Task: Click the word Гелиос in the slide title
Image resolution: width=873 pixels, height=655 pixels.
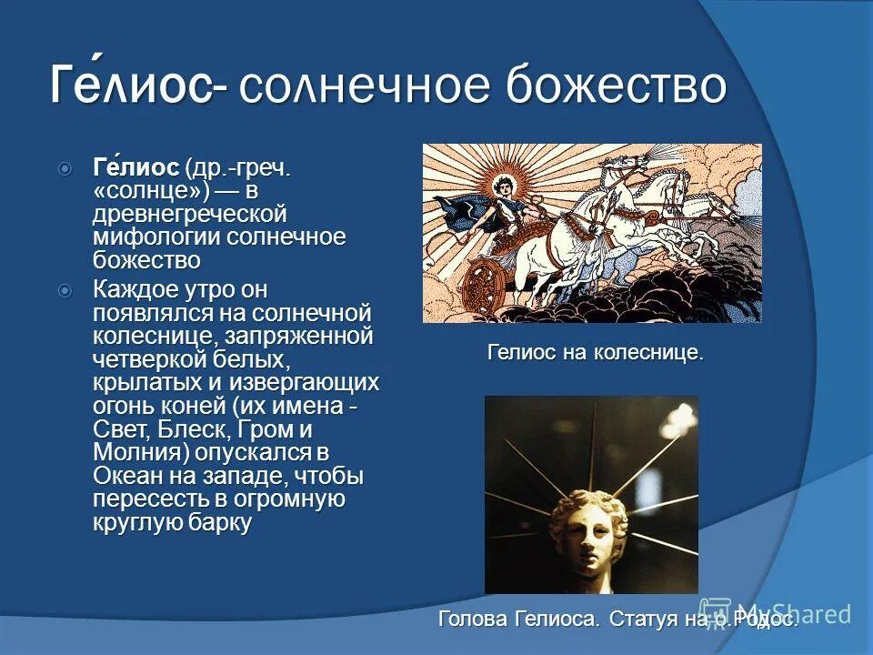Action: click(132, 86)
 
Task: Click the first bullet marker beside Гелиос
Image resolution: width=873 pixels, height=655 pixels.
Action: click(65, 169)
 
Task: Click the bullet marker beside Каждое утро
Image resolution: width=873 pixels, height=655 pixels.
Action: click(65, 291)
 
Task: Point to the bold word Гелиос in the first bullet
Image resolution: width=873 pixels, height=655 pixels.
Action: click(136, 169)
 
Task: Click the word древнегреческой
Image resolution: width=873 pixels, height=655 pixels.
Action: click(189, 215)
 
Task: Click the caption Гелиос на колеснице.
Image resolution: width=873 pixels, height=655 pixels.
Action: click(596, 352)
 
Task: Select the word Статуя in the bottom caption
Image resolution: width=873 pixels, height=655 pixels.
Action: click(645, 620)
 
